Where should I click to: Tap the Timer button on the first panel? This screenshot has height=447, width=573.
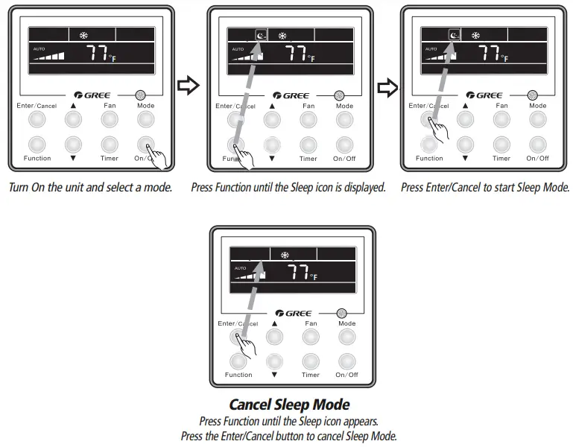click(110, 144)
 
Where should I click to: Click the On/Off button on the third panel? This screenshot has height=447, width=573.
click(537, 144)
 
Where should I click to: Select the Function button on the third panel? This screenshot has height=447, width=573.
click(429, 144)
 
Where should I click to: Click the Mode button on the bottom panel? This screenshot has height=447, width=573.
click(346, 337)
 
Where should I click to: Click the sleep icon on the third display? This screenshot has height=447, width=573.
click(454, 35)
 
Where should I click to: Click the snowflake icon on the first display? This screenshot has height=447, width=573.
click(84, 35)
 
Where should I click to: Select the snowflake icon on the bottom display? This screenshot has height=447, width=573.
click(285, 255)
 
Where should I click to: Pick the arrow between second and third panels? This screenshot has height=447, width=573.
click(387, 88)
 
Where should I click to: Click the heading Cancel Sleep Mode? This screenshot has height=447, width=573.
click(289, 405)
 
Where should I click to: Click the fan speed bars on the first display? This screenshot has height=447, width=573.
click(48, 55)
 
